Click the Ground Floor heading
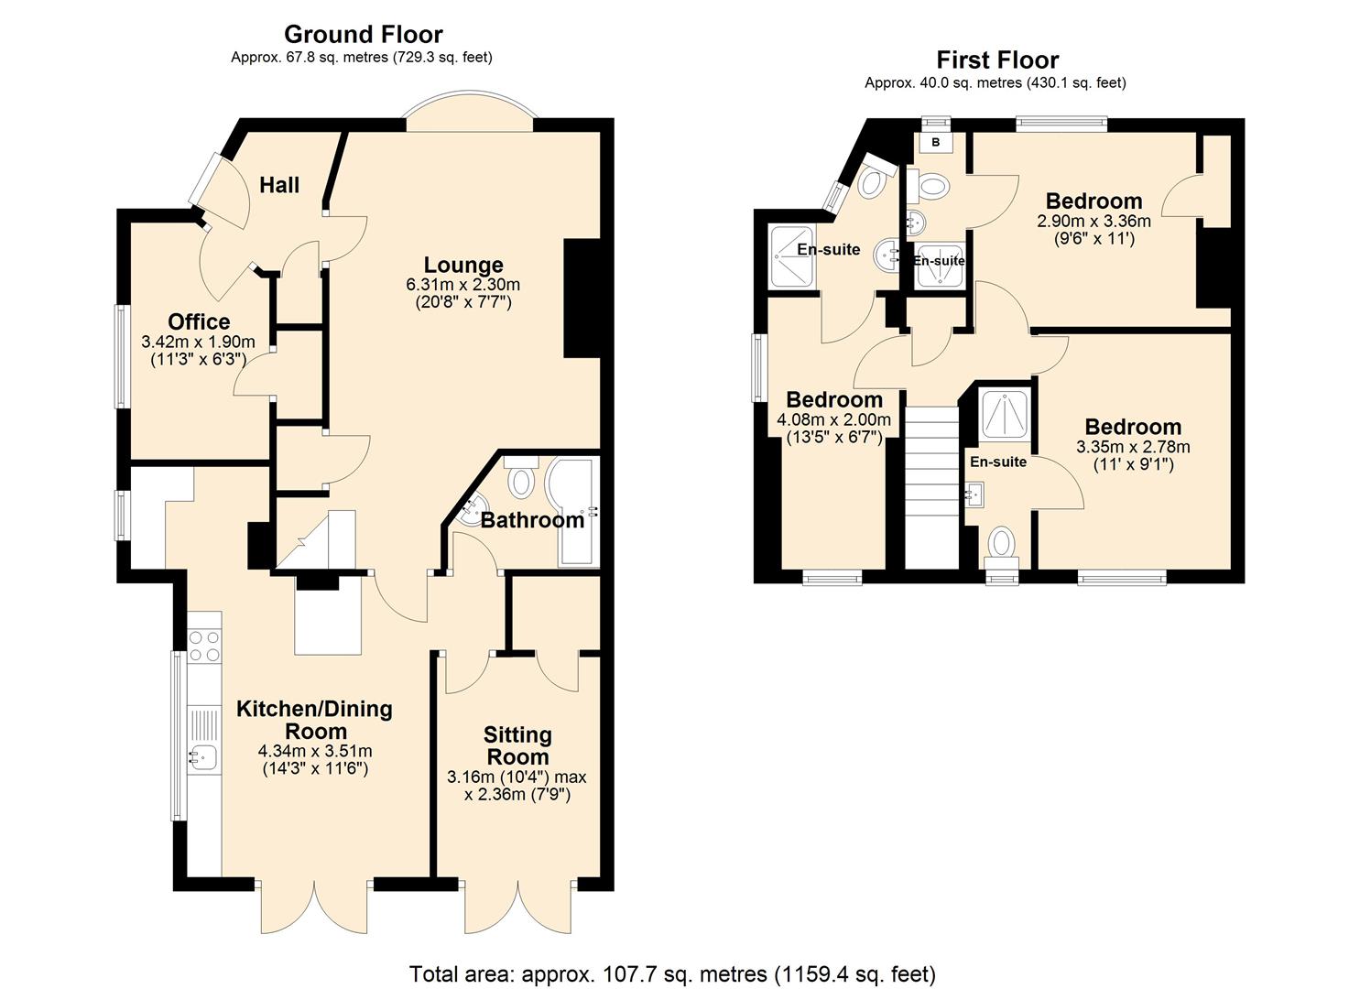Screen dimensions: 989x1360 (x=363, y=35)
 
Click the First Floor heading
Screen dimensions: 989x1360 (x=996, y=60)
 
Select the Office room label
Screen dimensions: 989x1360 (x=199, y=322)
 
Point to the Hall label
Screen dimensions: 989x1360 (x=279, y=186)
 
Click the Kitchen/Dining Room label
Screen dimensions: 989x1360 (x=314, y=720)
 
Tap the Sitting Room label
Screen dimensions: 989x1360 (x=517, y=745)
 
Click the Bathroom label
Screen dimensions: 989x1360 (x=532, y=520)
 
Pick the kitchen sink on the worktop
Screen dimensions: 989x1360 (x=202, y=756)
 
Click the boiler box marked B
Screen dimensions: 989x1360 (x=935, y=143)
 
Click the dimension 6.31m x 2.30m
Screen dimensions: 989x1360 (x=463, y=285)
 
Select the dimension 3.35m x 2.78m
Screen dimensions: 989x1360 (x=1133, y=447)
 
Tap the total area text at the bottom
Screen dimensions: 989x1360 (x=672, y=973)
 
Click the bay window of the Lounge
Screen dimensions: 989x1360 (x=468, y=112)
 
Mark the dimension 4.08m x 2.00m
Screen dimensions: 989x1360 (x=833, y=419)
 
